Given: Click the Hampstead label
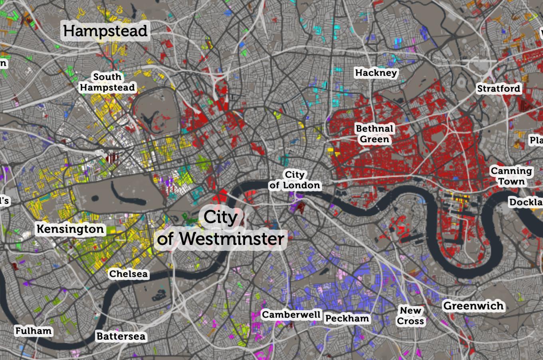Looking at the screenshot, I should pyautogui.click(x=105, y=31).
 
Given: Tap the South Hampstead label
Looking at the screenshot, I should pyautogui.click(x=107, y=82).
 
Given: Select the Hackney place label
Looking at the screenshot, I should pyautogui.click(x=376, y=73).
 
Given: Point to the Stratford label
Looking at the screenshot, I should pyautogui.click(x=499, y=88).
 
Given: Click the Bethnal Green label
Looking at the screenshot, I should pyautogui.click(x=375, y=134).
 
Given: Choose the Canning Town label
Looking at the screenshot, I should pyautogui.click(x=511, y=176).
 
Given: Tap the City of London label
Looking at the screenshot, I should pyautogui.click(x=295, y=180).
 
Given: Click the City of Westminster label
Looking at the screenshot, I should pyautogui.click(x=220, y=228).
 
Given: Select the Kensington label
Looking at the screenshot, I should pyautogui.click(x=71, y=229).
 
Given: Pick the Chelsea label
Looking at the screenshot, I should pyautogui.click(x=128, y=274).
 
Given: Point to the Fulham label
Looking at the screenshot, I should pyautogui.click(x=34, y=331).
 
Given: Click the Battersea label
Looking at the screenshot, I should pyautogui.click(x=121, y=336).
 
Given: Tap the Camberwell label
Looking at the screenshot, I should pyautogui.click(x=291, y=315).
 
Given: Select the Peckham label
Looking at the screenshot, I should pyautogui.click(x=347, y=318).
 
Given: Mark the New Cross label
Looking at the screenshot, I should pyautogui.click(x=410, y=316).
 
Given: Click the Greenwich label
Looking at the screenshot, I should pyautogui.click(x=474, y=306).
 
